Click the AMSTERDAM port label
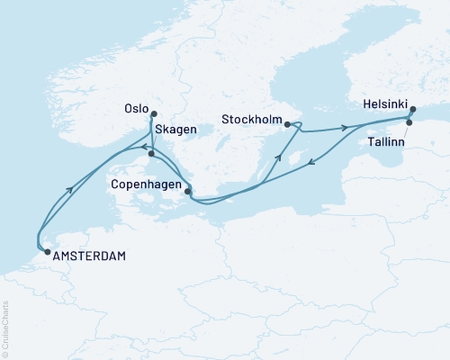(89, 256)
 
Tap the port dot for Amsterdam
(47, 253)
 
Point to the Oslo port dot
(153, 114)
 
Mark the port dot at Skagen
(152, 154)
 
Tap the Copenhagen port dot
(187, 191)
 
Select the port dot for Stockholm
(287, 125)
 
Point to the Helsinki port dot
(412, 110)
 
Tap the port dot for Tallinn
(410, 122)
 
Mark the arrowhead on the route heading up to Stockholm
(278, 157)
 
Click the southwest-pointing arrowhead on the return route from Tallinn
(310, 162)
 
